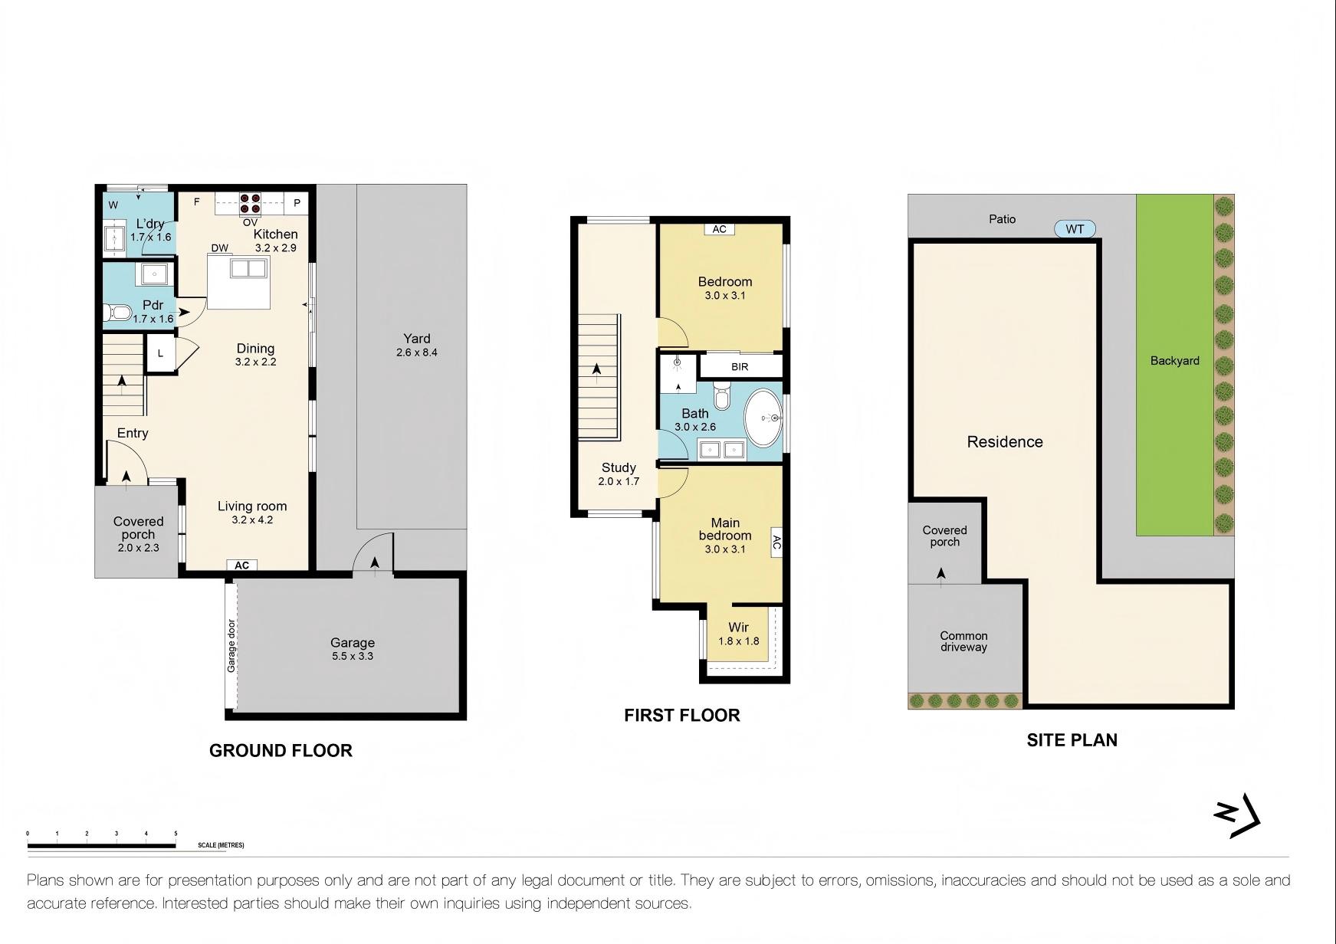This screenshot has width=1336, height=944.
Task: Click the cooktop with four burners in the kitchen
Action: (x=251, y=203)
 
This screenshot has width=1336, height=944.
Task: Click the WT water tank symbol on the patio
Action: (x=1075, y=229)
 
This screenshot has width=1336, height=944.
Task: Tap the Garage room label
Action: (x=353, y=643)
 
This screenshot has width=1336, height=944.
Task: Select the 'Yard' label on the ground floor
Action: (x=417, y=339)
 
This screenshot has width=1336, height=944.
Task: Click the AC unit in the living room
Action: (x=242, y=565)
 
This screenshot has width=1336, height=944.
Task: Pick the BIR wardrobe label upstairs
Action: (x=740, y=367)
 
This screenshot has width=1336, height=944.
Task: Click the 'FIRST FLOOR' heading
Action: (x=682, y=716)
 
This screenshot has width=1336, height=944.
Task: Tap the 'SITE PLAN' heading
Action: (x=1072, y=740)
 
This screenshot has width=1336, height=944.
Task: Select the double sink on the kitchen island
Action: (x=248, y=268)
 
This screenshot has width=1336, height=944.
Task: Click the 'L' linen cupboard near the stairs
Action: (x=160, y=353)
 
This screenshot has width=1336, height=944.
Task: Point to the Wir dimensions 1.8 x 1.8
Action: (x=739, y=641)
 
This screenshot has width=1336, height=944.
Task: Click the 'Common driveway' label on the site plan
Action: (x=964, y=641)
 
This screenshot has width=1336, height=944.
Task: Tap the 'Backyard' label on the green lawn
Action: (x=1175, y=361)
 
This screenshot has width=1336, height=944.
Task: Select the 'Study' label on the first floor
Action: (x=619, y=467)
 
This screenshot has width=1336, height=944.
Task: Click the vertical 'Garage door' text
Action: (x=231, y=645)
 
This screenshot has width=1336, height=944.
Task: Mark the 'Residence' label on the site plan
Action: (x=1005, y=442)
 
